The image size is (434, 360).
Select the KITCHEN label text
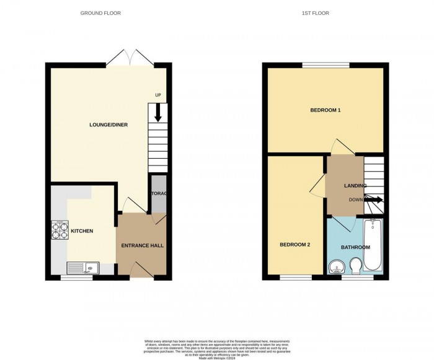82,231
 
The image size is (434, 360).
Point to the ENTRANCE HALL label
142,246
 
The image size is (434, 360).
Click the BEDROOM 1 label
325,110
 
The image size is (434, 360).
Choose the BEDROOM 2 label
294,244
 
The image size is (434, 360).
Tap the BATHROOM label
355,247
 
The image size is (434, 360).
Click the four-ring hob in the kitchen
60,230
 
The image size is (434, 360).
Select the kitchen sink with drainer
83,268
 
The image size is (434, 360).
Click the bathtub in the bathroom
374,245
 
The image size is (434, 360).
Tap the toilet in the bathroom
356,266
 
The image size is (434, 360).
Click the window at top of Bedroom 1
325,64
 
